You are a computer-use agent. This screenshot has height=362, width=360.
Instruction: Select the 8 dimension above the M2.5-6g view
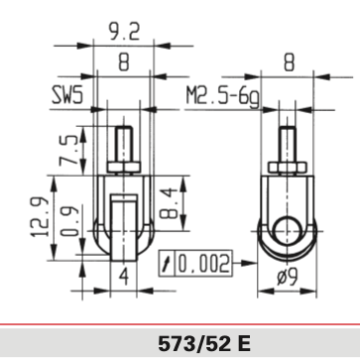[289, 60]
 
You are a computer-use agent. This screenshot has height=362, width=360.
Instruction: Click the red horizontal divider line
[180, 319]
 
